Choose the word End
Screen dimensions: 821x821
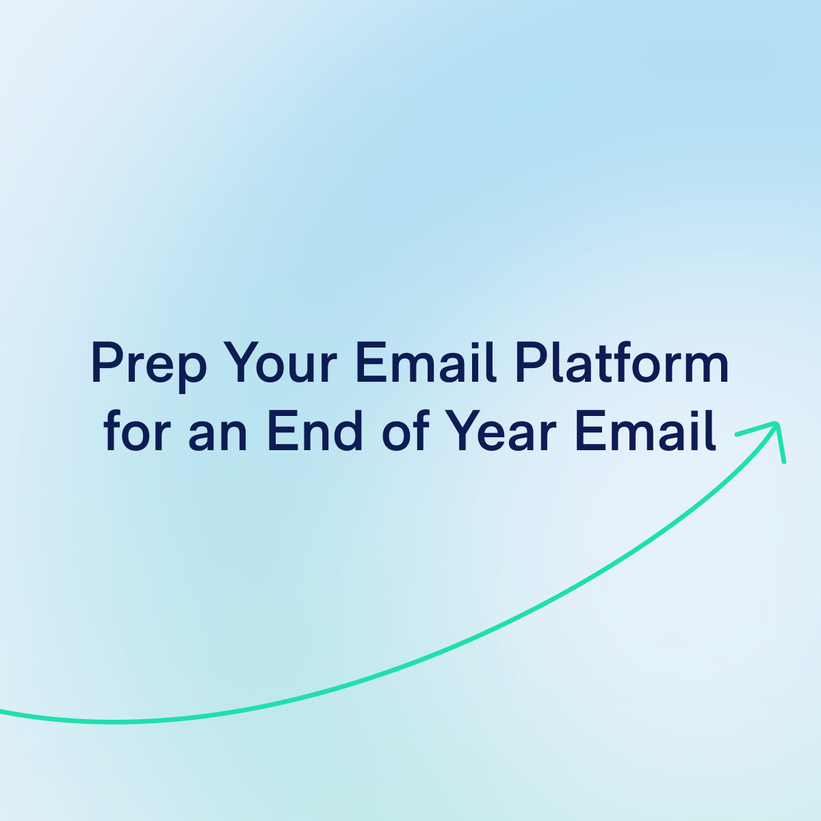pos(315,432)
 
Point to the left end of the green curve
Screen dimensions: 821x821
pos(3,712)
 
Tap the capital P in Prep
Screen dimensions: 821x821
pos(104,363)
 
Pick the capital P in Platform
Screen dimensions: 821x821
pos(528,363)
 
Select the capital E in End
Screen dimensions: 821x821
pos(279,432)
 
